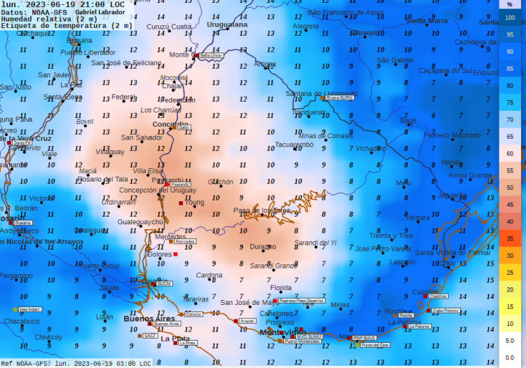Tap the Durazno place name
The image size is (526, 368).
click(x=264, y=247)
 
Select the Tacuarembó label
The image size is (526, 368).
click(x=294, y=144)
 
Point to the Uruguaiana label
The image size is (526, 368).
click(x=229, y=24)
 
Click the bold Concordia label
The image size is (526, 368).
click(x=170, y=124)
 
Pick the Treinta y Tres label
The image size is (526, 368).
click(x=391, y=236)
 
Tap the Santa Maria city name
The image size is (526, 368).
click(x=426, y=21)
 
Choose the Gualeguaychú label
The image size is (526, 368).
click(x=140, y=222)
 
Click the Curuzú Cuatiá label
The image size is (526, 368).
click(x=169, y=27)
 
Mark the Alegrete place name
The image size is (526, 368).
click(x=306, y=26)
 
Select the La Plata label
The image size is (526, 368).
click(x=175, y=339)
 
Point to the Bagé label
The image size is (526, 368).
click(x=408, y=121)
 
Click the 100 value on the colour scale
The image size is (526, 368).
click(x=510, y=18)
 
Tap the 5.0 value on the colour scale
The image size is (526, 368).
click(x=510, y=340)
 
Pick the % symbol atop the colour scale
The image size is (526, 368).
click(x=510, y=4)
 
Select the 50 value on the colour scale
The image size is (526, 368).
click(x=510, y=187)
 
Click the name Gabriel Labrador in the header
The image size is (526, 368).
click(x=100, y=12)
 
